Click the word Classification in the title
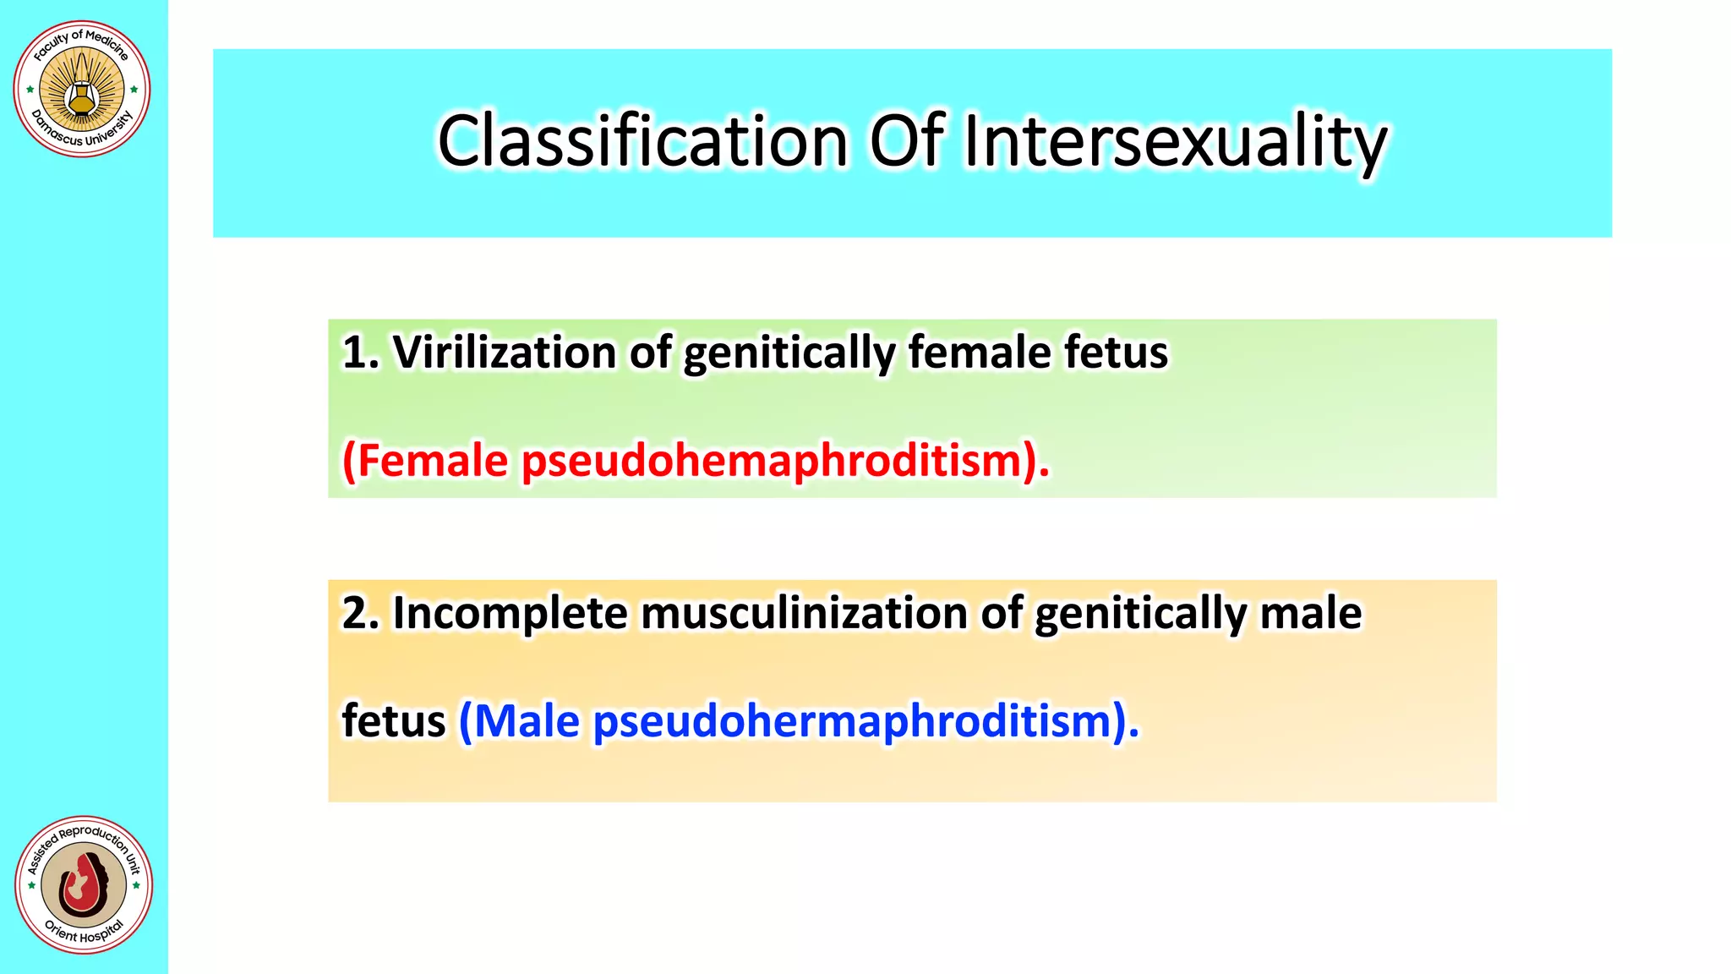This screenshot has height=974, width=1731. (642, 141)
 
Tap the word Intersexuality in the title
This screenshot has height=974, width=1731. (1175, 141)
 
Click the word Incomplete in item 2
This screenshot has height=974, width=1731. (510, 613)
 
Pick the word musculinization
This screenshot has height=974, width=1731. (804, 613)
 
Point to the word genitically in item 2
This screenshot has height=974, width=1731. (1140, 615)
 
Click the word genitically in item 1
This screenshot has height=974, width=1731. (789, 353)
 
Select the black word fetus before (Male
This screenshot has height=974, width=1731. (393, 722)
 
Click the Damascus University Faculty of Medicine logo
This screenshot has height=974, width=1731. (82, 89)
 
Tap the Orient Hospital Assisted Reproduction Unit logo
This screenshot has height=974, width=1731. (84, 884)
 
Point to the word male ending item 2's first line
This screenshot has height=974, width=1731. (1311, 613)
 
